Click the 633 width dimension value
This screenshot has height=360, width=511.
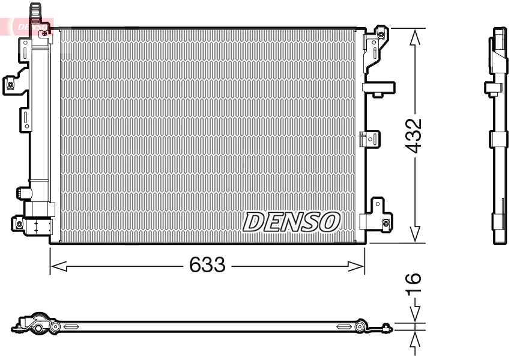click(x=207, y=264)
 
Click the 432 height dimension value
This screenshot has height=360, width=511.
click(x=414, y=136)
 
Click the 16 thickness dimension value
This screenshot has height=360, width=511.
click(x=414, y=284)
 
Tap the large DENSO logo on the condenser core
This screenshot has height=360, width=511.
click(x=291, y=222)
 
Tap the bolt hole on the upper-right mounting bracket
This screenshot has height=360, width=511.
click(x=381, y=34)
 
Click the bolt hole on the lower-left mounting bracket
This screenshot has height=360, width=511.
click(x=19, y=224)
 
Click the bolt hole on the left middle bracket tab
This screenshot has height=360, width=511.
click(x=10, y=85)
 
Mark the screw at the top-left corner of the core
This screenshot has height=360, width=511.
click(x=44, y=34)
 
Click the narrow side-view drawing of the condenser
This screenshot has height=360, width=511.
click(x=499, y=136)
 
